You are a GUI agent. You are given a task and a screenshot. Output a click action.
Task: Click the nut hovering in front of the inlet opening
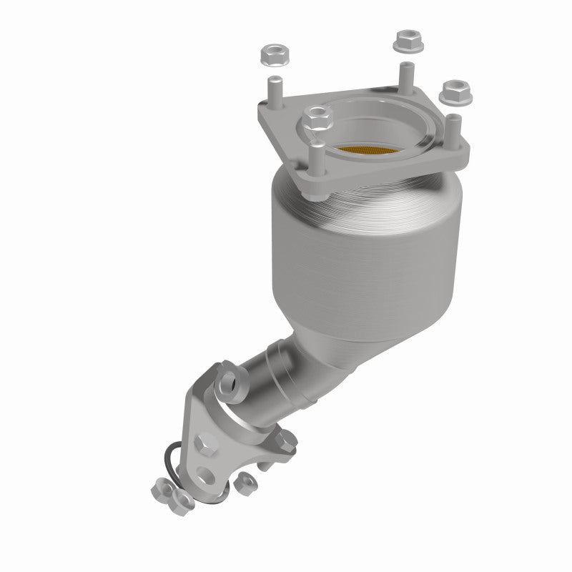314,118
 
